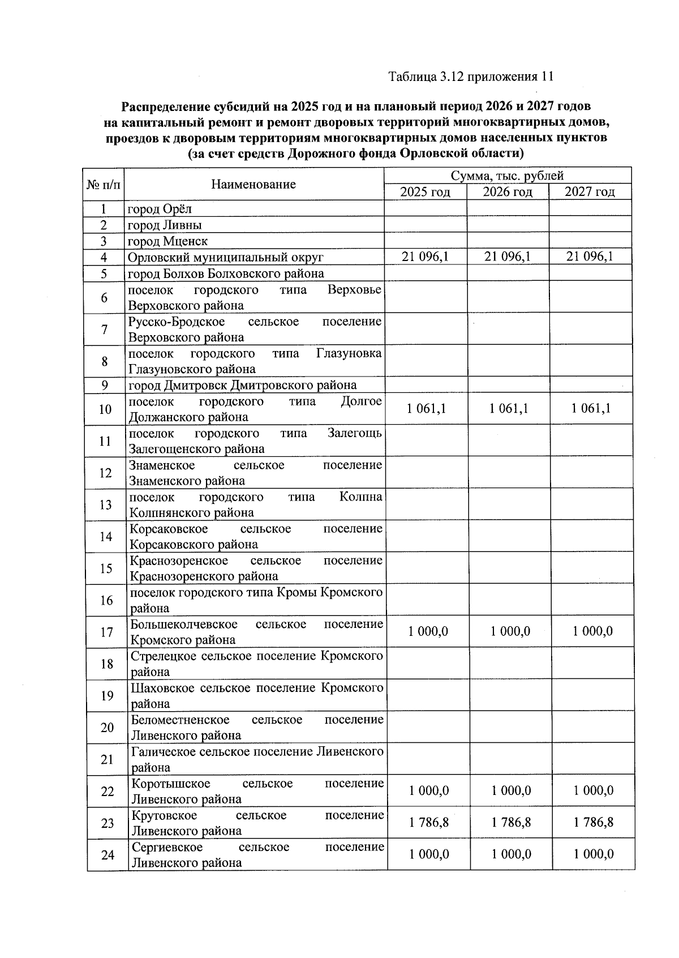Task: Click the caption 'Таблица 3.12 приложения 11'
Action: (x=471, y=77)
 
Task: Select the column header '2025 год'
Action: (x=425, y=192)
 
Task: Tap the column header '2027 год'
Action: (x=590, y=192)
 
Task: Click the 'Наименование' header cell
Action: (x=253, y=184)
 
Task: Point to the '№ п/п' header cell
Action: (x=103, y=185)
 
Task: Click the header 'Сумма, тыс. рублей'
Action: (x=507, y=176)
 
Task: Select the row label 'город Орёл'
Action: (x=160, y=209)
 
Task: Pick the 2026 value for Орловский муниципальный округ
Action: (x=508, y=256)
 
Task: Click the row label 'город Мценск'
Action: (x=167, y=241)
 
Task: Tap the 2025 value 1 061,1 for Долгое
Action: (x=426, y=408)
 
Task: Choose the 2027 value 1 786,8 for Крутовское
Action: (x=593, y=822)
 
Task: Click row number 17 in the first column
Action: (x=106, y=632)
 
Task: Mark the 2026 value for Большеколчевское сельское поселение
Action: (x=510, y=631)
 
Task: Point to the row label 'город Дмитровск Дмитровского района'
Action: (x=242, y=385)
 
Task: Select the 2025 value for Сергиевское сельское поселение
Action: (x=429, y=854)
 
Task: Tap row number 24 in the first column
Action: (x=108, y=854)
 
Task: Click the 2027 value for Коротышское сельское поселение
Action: (x=593, y=790)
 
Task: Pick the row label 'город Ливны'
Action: (x=165, y=225)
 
